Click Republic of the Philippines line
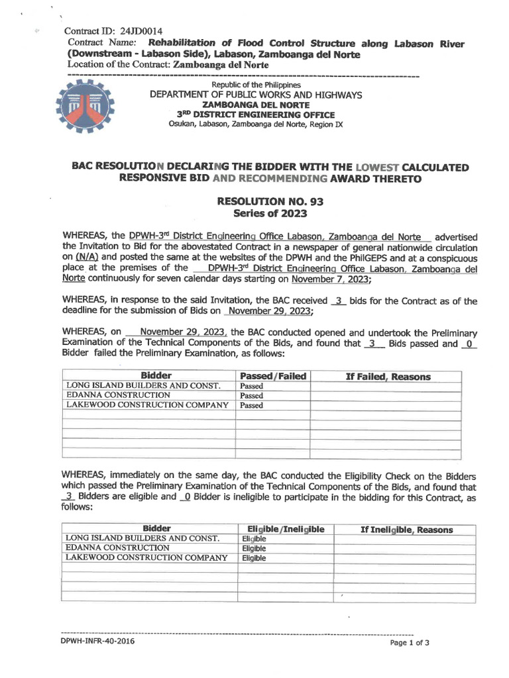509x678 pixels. pos(256,85)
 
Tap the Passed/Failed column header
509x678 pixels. pos(272,376)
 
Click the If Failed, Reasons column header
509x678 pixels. pos(388,376)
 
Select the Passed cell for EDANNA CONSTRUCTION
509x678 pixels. pos(252,395)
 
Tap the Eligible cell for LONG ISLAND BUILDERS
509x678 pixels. pos(254,539)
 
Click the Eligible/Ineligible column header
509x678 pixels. pos(285,529)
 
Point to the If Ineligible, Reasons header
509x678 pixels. pos(406,529)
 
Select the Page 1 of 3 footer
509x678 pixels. pos(410,642)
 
